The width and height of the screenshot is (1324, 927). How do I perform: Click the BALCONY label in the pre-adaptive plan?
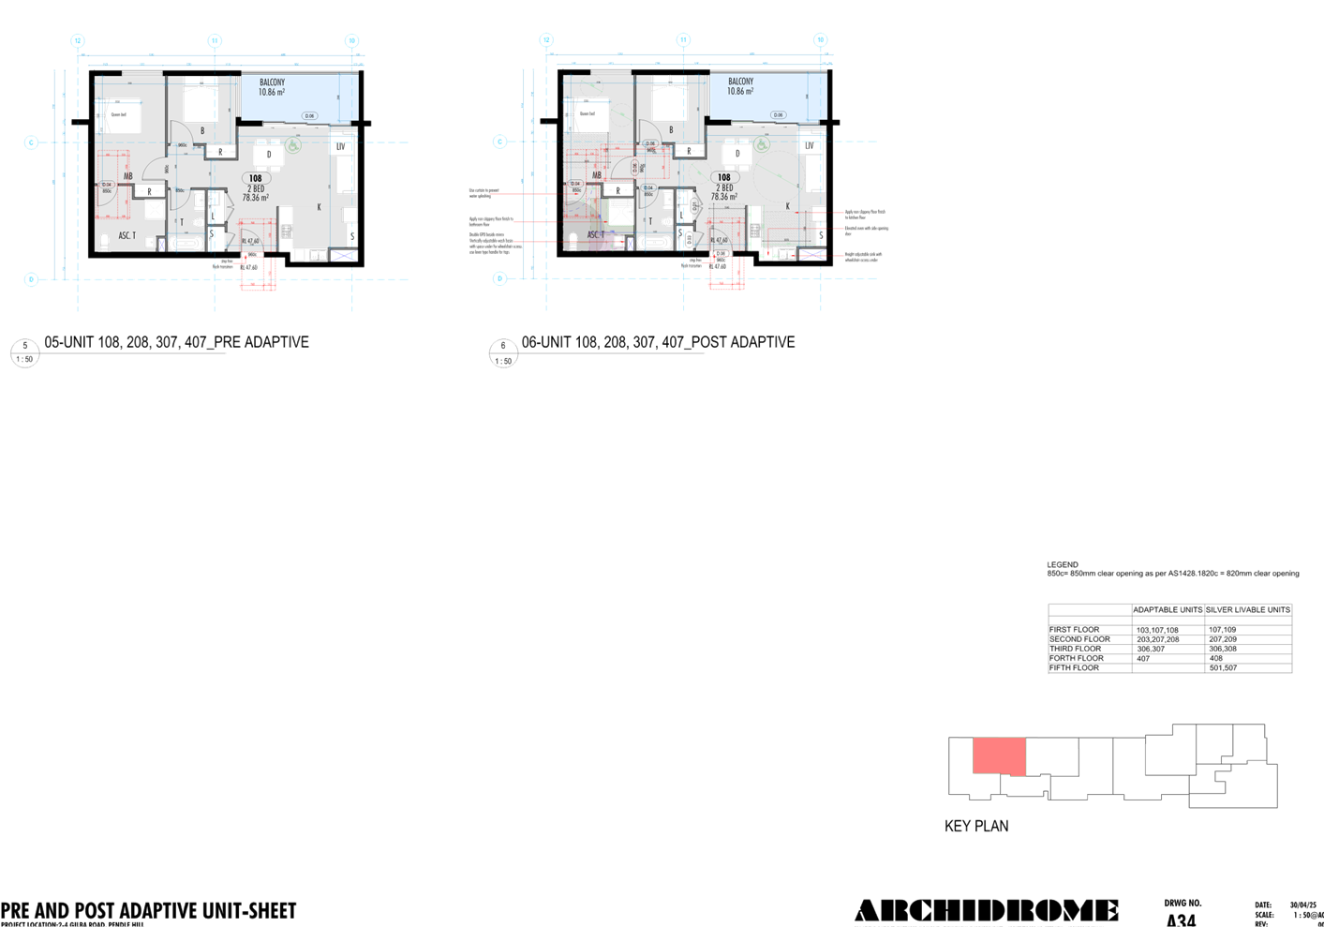coord(272,82)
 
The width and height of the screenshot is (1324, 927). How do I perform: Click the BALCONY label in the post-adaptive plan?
coord(740,82)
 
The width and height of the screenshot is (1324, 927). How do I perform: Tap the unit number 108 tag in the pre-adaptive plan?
coord(256,178)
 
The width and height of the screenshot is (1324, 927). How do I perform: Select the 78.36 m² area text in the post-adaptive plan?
coord(723,197)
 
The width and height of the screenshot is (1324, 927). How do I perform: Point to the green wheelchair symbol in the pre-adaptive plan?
coord(293,146)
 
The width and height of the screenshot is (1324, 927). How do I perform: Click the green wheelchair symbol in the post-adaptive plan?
coord(762,145)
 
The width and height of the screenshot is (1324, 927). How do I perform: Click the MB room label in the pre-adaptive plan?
coord(128,176)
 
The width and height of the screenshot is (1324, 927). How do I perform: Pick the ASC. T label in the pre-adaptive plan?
coord(126,235)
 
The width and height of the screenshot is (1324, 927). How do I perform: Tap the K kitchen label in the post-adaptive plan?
coord(787,206)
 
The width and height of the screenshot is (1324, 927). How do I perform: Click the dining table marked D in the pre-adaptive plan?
coord(270,155)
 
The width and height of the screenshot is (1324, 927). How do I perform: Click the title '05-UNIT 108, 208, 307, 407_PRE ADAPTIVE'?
coord(176,342)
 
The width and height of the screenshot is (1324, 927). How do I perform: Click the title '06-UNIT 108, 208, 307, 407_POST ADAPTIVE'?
coord(658,342)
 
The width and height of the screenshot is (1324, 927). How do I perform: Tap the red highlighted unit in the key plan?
coord(999,756)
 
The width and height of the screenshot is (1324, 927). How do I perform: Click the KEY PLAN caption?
coord(976,826)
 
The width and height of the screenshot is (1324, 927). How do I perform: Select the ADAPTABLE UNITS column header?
coord(1167,610)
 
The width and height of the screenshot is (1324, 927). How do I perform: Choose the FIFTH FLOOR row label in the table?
coord(1074,668)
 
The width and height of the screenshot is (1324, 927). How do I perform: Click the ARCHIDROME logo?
coord(986,910)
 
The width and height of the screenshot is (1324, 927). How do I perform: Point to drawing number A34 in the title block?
coord(1181,920)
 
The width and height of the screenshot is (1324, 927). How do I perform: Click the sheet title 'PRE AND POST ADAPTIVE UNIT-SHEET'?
coord(148,910)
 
